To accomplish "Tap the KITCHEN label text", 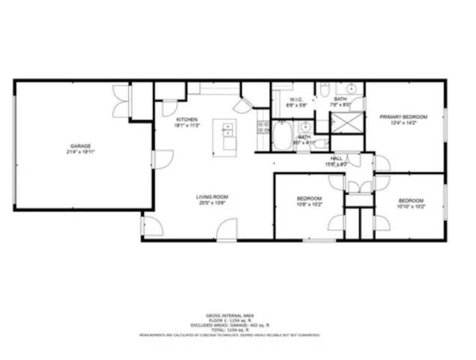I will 187,120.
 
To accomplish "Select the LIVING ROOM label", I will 212,196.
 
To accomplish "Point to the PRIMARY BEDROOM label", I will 403,117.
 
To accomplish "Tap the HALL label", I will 337,158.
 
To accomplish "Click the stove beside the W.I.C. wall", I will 263,127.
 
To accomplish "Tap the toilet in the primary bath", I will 322,91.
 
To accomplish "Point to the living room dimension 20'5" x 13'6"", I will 212,202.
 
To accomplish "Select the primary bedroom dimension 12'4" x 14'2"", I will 403,123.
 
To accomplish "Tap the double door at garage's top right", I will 119,95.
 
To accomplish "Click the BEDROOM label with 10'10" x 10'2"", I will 411,200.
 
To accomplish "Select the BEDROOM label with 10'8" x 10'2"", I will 310,197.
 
